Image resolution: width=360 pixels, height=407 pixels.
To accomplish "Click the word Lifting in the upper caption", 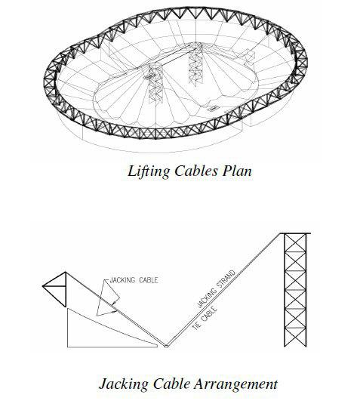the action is tap(149, 171).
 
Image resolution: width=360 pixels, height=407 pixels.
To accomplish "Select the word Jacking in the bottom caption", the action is tap(124, 384).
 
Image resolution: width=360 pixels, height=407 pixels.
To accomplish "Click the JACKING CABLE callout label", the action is tap(134, 280).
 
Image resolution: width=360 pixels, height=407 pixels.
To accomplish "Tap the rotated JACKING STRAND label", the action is tap(217, 288).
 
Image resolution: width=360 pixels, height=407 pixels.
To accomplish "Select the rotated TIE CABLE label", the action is tap(205, 318).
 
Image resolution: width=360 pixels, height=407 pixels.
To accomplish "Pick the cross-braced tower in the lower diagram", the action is tap(295, 290).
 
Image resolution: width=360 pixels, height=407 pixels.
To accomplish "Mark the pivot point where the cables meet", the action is tap(166, 346).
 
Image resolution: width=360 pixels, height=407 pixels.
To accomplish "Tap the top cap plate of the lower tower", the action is tap(295, 233).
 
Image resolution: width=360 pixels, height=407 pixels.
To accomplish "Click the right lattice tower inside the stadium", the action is tap(195, 65).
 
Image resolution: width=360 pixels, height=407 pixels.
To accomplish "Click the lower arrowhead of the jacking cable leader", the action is tap(114, 310).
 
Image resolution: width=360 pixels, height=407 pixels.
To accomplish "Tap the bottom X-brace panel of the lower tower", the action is tap(295, 338).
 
